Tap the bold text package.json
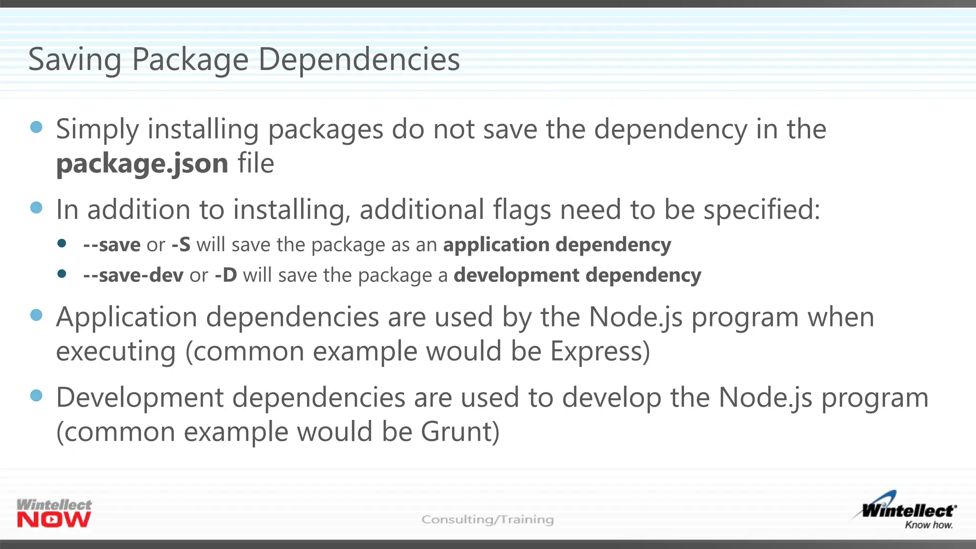[142, 164]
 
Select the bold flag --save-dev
[133, 275]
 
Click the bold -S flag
[181, 245]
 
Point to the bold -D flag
[226, 275]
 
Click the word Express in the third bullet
[600, 351]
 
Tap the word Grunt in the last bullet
[460, 432]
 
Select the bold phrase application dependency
[557, 245]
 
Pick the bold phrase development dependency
[577, 275]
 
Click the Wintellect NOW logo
[54, 513]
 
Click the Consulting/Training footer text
[488, 519]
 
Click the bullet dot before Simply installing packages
[36, 127]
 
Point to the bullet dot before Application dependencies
[36, 315]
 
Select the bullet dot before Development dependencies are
[36, 396]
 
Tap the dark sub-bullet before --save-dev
[61, 274]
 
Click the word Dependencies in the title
[359, 60]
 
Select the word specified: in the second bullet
[762, 210]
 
